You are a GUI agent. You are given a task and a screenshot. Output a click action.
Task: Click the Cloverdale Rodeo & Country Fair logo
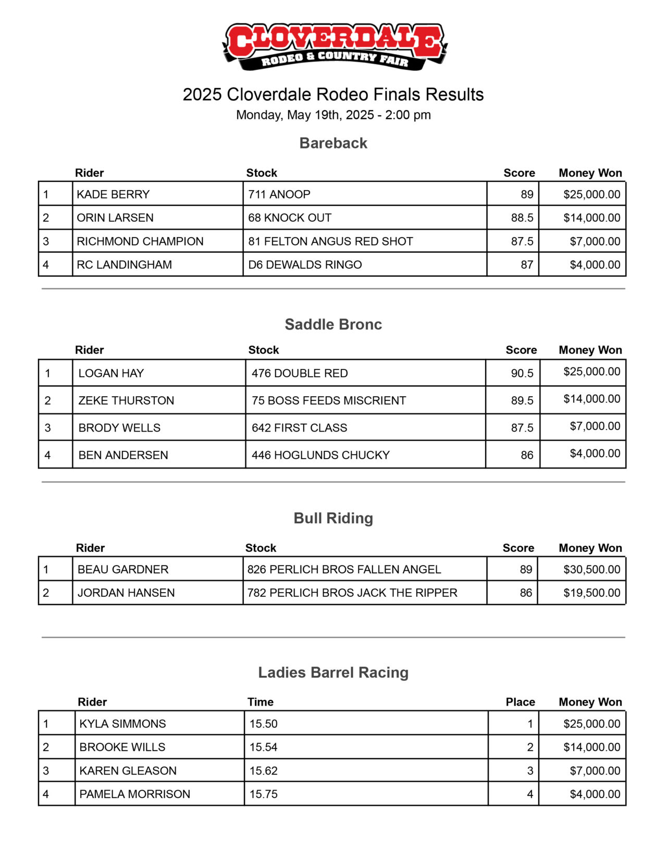click(333, 46)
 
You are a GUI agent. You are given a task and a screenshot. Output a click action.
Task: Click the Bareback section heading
click(333, 143)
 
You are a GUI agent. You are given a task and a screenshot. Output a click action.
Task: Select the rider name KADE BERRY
click(113, 194)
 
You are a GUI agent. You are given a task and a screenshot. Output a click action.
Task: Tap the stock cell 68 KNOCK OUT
click(290, 218)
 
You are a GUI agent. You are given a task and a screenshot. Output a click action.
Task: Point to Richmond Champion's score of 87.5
click(522, 241)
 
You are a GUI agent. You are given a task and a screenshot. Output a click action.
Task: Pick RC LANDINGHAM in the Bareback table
click(124, 265)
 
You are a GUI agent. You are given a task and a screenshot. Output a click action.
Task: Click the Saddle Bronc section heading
click(333, 325)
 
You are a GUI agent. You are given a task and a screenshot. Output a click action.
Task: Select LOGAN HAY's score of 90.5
click(522, 374)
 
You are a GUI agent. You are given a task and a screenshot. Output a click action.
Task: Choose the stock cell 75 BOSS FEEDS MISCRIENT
click(328, 401)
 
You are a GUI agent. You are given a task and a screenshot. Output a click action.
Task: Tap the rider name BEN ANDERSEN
click(123, 455)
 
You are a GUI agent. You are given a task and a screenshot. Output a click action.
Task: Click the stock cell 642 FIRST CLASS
click(299, 428)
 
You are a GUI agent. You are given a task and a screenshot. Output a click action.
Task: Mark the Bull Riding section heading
click(333, 518)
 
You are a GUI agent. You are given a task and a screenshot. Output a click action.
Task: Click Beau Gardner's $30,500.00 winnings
click(591, 570)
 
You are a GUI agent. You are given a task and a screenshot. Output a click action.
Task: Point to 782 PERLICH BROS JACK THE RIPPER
click(352, 593)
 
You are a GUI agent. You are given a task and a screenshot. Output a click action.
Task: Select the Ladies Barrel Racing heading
click(333, 672)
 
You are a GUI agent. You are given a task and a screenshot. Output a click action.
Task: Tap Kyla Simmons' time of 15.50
click(263, 724)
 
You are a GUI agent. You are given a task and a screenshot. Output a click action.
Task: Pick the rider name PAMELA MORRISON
click(134, 794)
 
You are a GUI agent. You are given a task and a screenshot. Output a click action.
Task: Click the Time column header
click(260, 702)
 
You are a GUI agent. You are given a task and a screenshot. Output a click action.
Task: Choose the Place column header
click(520, 702)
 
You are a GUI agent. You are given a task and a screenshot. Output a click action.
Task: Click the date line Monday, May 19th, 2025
click(333, 115)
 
